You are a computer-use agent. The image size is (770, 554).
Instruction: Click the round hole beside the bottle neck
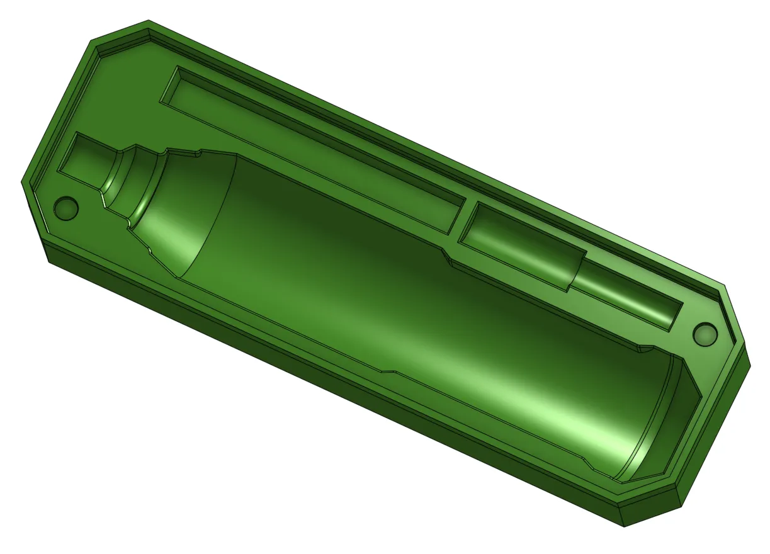click(66, 206)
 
